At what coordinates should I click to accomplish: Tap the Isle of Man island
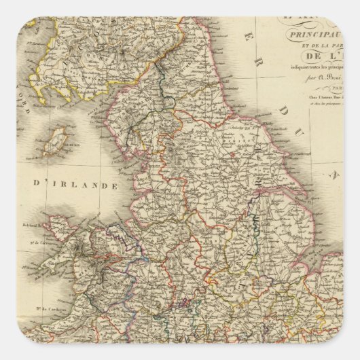(58, 139)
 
